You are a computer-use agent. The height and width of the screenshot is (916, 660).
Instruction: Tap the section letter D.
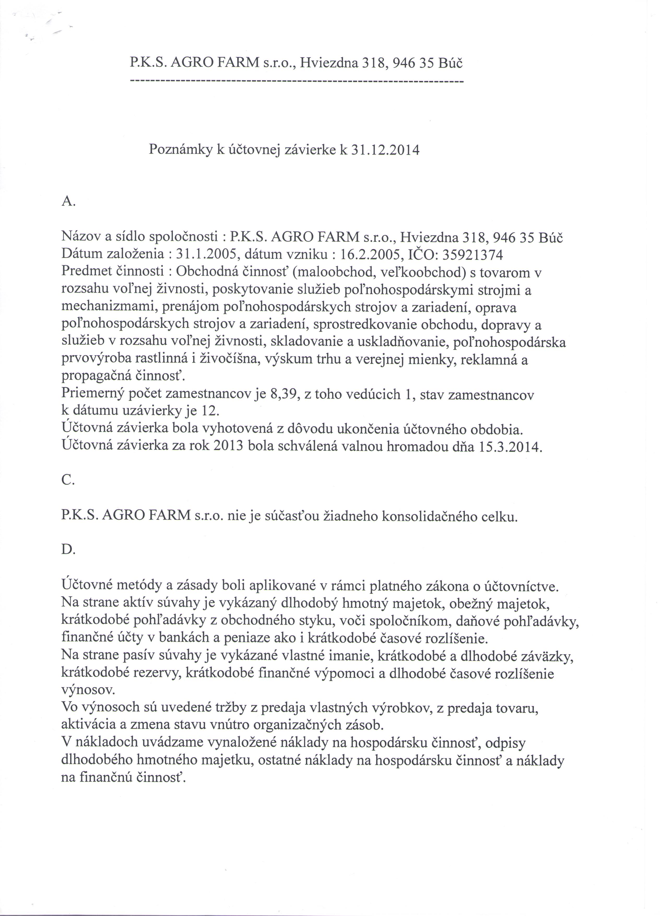point(68,550)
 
